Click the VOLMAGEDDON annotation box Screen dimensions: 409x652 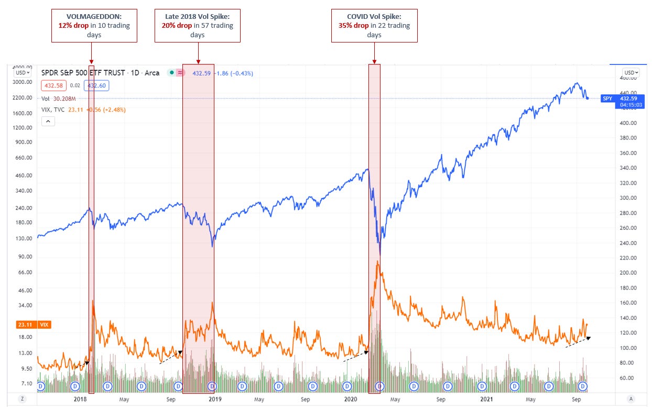[x=94, y=25]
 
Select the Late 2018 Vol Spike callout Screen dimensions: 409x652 [x=197, y=25]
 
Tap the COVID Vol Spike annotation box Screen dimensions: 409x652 [x=374, y=25]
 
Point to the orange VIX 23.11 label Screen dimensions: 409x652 [x=23, y=325]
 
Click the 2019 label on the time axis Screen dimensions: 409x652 [x=215, y=399]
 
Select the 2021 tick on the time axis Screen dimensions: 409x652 [x=487, y=399]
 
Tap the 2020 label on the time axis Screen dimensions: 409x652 [x=350, y=399]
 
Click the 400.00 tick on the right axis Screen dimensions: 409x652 [x=628, y=123]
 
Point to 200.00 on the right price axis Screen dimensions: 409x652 [x=628, y=273]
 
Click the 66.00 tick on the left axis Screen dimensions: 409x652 [x=24, y=272]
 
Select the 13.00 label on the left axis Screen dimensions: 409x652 [x=24, y=353]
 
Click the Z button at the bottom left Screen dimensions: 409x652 [x=23, y=399]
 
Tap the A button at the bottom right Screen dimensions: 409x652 [x=631, y=399]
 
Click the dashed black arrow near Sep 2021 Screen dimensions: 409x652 [x=578, y=342]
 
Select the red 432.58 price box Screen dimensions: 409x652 [x=53, y=85]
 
